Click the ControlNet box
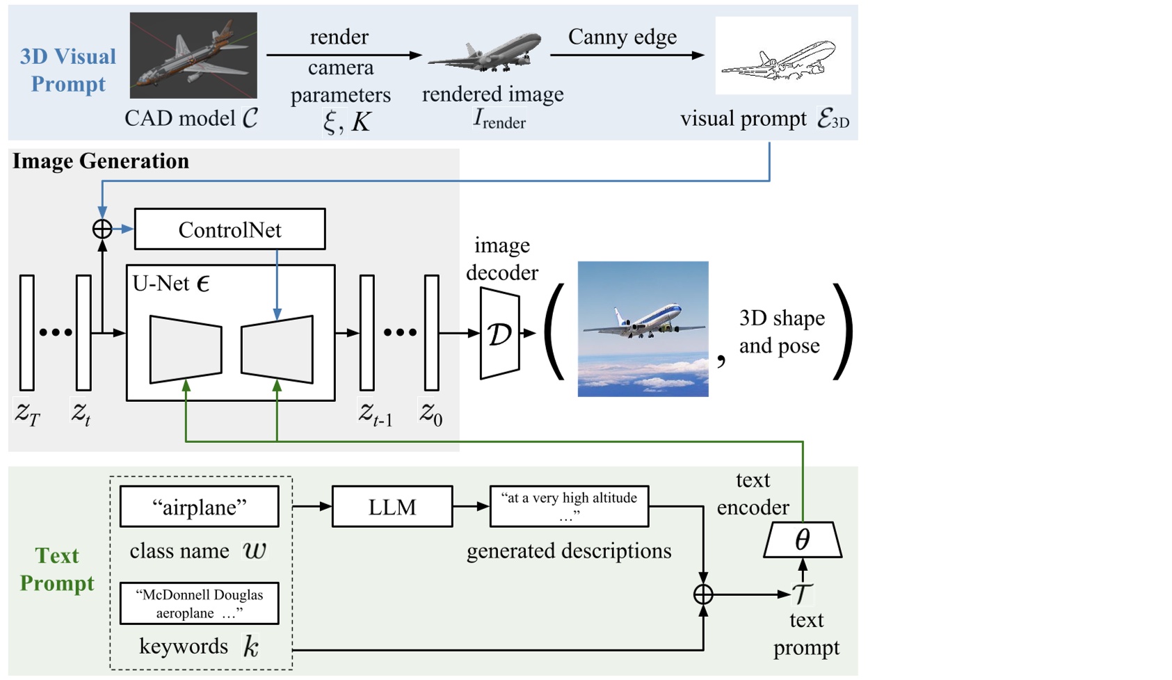[x=230, y=229]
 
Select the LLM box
[x=392, y=507]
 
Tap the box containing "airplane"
[x=200, y=507]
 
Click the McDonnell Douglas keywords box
[x=200, y=604]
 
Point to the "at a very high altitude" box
[x=569, y=507]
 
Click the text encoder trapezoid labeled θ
[x=803, y=540]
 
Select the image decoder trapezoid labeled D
[x=499, y=334]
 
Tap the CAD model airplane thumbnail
[x=193, y=56]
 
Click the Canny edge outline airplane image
[x=782, y=56]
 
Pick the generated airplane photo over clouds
[x=643, y=329]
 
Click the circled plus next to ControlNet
[x=102, y=229]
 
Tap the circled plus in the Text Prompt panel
[x=703, y=594]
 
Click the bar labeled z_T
[x=27, y=332]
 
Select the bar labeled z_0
[x=431, y=332]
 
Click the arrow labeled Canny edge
[x=626, y=55]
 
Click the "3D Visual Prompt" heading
[x=68, y=70]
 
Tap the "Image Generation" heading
[x=101, y=161]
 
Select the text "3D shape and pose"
[x=781, y=332]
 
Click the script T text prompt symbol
[x=802, y=594]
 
